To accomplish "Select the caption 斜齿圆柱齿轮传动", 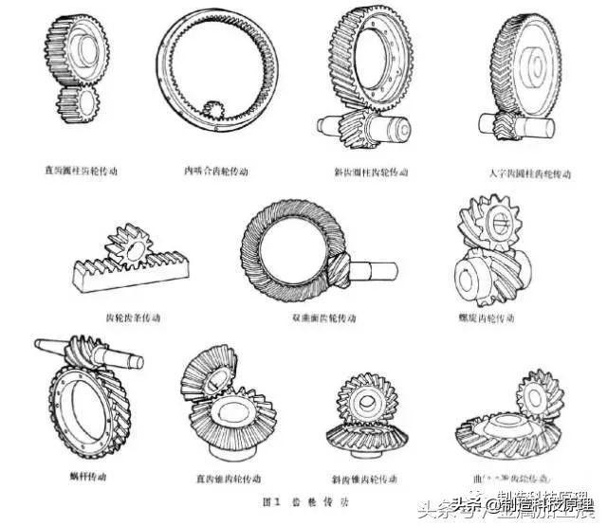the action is [370, 173].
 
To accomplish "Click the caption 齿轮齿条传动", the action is [134, 317].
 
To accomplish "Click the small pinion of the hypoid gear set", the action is [339, 274].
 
